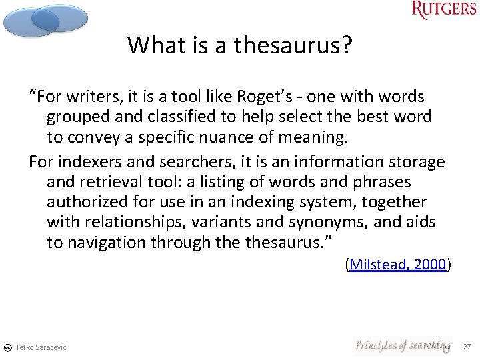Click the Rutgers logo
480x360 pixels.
point(443,10)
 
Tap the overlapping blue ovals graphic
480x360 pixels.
point(45,20)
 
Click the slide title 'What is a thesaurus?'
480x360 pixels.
point(239,45)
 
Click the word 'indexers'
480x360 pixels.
point(85,162)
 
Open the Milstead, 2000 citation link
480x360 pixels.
point(398,265)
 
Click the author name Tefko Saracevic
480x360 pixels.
point(41,347)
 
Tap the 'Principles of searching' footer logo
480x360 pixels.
point(402,345)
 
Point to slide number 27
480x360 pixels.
point(466,347)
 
